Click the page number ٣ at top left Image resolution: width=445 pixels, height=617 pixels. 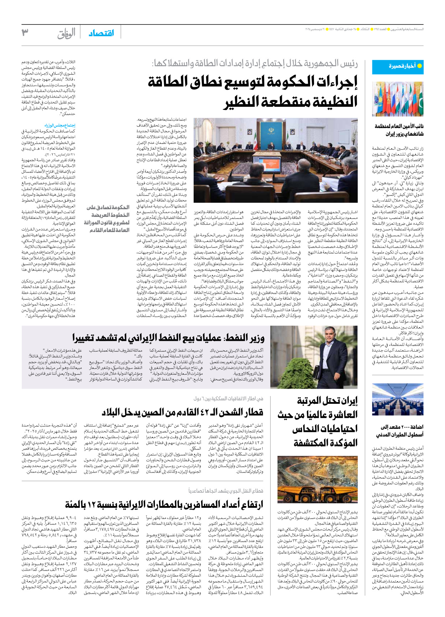tap(25, 33)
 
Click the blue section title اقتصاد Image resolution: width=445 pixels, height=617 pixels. tap(101, 33)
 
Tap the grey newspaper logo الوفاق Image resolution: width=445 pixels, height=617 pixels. tap(67, 33)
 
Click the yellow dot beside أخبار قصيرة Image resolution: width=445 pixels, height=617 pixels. tap(419, 66)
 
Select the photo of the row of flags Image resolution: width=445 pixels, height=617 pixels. tap(398, 99)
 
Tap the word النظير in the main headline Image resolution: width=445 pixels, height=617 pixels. tap(242, 102)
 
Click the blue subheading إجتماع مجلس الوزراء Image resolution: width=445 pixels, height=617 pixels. tap(60, 126)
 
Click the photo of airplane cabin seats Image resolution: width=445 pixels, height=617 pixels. tap(398, 400)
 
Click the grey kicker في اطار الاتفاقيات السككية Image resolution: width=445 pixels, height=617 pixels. tap(228, 399)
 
